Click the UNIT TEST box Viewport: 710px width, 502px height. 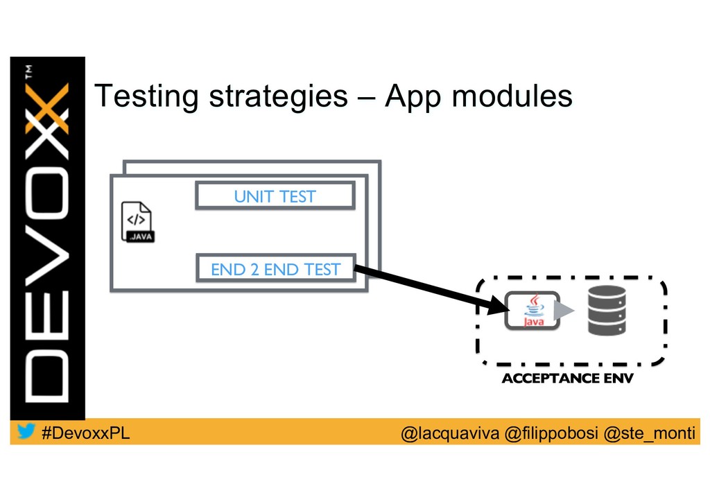(x=275, y=196)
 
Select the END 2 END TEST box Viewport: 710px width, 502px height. (x=275, y=269)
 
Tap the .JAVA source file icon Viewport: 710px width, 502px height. (x=137, y=221)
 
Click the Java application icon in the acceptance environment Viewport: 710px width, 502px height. (x=532, y=310)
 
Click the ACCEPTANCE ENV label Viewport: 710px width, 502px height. (x=567, y=379)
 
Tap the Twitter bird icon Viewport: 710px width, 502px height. (x=26, y=431)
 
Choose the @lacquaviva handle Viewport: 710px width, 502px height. (x=451, y=433)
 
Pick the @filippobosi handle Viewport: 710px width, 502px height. (x=551, y=433)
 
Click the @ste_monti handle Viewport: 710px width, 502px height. (x=649, y=433)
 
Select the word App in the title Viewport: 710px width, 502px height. (x=413, y=97)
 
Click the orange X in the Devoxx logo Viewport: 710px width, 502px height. (x=48, y=108)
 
